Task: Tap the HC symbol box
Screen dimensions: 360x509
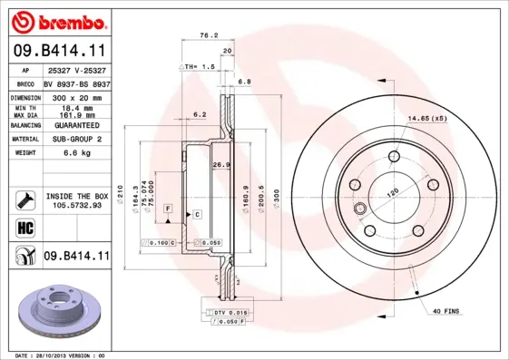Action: tap(24, 227)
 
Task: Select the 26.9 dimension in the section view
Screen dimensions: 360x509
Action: tap(218, 164)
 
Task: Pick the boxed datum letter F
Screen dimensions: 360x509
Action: tap(168, 209)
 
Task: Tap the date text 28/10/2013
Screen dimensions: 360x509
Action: tap(60, 355)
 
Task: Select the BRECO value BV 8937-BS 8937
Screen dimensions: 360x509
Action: tap(76, 82)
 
